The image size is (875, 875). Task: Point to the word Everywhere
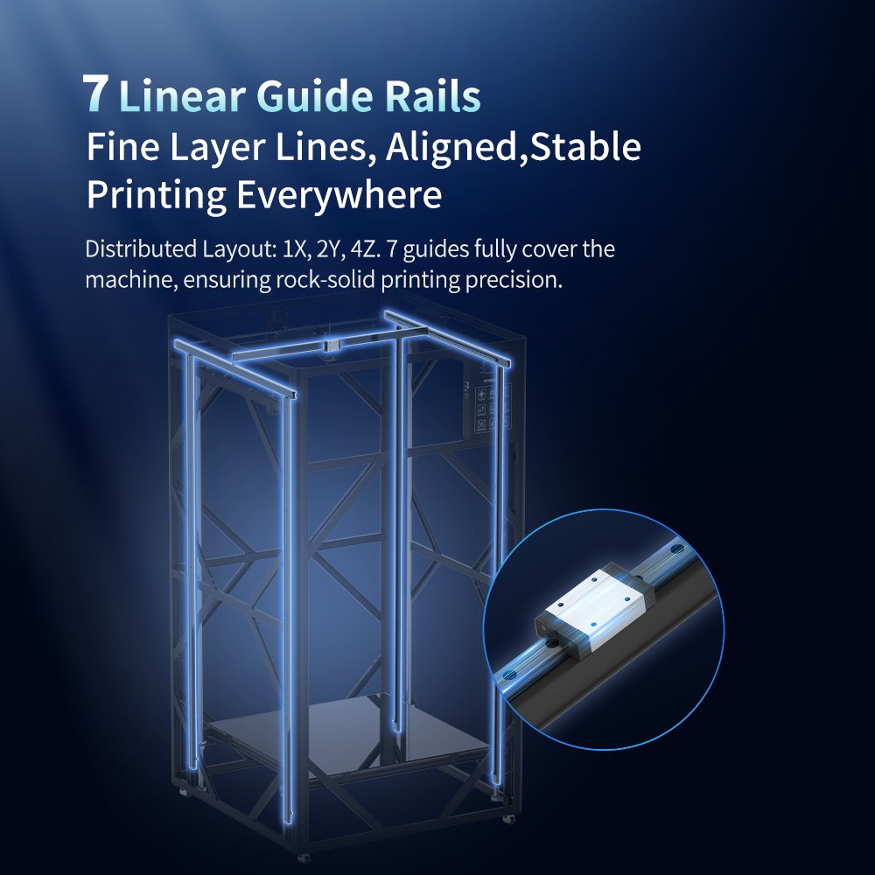pos(339,195)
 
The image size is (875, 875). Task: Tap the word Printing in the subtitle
pos(156,195)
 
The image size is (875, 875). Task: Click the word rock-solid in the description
pos(326,280)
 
